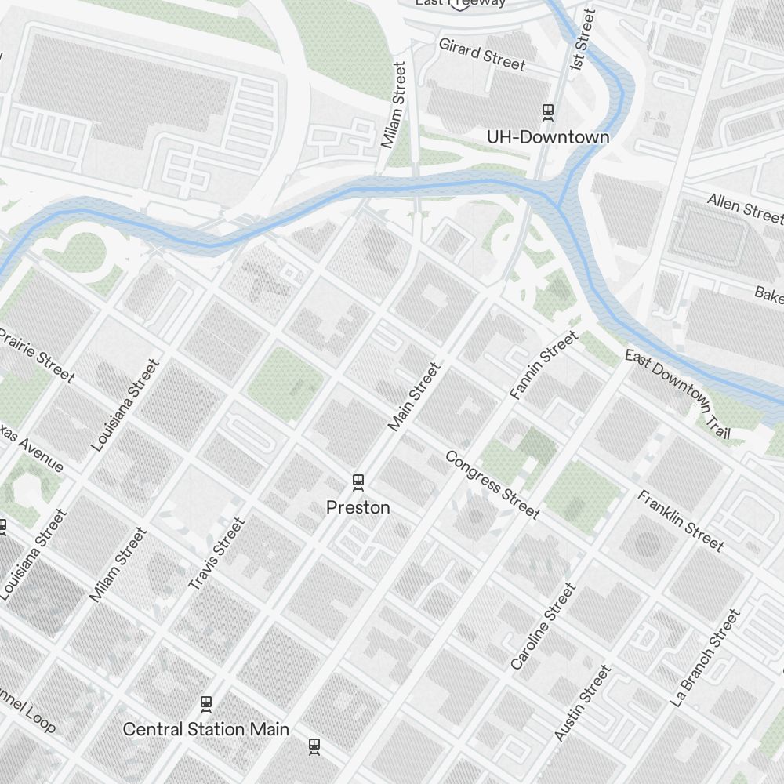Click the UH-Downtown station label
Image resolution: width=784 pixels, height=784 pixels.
pyautogui.click(x=547, y=137)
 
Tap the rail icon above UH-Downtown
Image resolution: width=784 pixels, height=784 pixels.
pyautogui.click(x=547, y=112)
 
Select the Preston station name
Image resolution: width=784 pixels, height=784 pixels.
pyautogui.click(x=358, y=507)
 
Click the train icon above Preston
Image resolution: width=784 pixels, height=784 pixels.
pyautogui.click(x=358, y=481)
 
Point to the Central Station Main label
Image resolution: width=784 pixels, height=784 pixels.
pyautogui.click(x=205, y=729)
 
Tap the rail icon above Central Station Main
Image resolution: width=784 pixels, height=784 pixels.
pyautogui.click(x=206, y=703)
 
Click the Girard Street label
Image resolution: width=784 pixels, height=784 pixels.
pyautogui.click(x=481, y=54)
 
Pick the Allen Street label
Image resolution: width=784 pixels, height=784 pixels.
pyautogui.click(x=744, y=207)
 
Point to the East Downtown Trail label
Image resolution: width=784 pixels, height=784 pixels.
pyautogui.click(x=678, y=394)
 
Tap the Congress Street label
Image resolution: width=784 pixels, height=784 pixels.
pyautogui.click(x=492, y=485)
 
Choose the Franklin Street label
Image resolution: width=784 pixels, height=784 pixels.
pyautogui.click(x=680, y=520)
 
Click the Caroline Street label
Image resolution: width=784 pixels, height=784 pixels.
pyautogui.click(x=543, y=626)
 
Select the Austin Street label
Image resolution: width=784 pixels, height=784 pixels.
pyautogui.click(x=581, y=703)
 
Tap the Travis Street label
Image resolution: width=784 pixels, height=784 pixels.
pyautogui.click(x=217, y=554)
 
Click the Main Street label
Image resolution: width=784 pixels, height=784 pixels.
pyautogui.click(x=415, y=396)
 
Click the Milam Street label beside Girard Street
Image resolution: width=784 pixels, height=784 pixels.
pyautogui.click(x=394, y=105)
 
